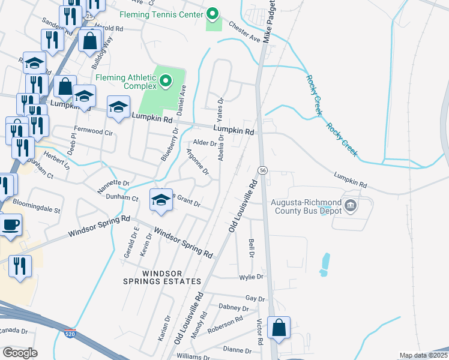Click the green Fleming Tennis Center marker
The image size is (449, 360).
point(212,13)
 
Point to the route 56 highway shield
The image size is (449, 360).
point(262,170)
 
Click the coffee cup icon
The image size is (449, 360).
point(10,226)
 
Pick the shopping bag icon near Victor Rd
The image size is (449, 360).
point(279,328)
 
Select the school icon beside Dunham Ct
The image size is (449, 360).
point(161,200)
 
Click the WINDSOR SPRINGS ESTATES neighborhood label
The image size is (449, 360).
point(161,277)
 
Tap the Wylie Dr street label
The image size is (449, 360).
point(251,277)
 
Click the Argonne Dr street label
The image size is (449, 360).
point(197,162)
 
